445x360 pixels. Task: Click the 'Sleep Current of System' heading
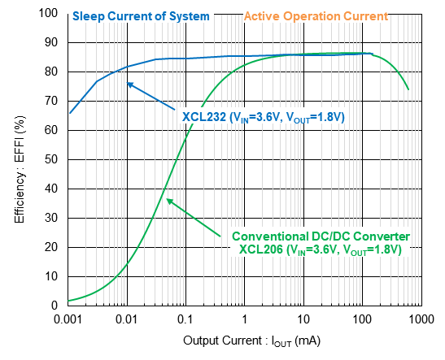pos(141,15)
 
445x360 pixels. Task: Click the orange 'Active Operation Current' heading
pos(316,15)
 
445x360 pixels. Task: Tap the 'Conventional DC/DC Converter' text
pos(321,236)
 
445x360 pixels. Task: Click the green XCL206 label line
pos(321,249)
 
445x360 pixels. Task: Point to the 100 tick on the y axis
pos(50,14)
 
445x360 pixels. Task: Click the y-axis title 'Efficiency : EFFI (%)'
pos(19,159)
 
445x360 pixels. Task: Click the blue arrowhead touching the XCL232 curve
pos(129,81)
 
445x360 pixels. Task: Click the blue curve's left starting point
pos(68,113)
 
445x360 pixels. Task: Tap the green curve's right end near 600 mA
pos(408,89)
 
